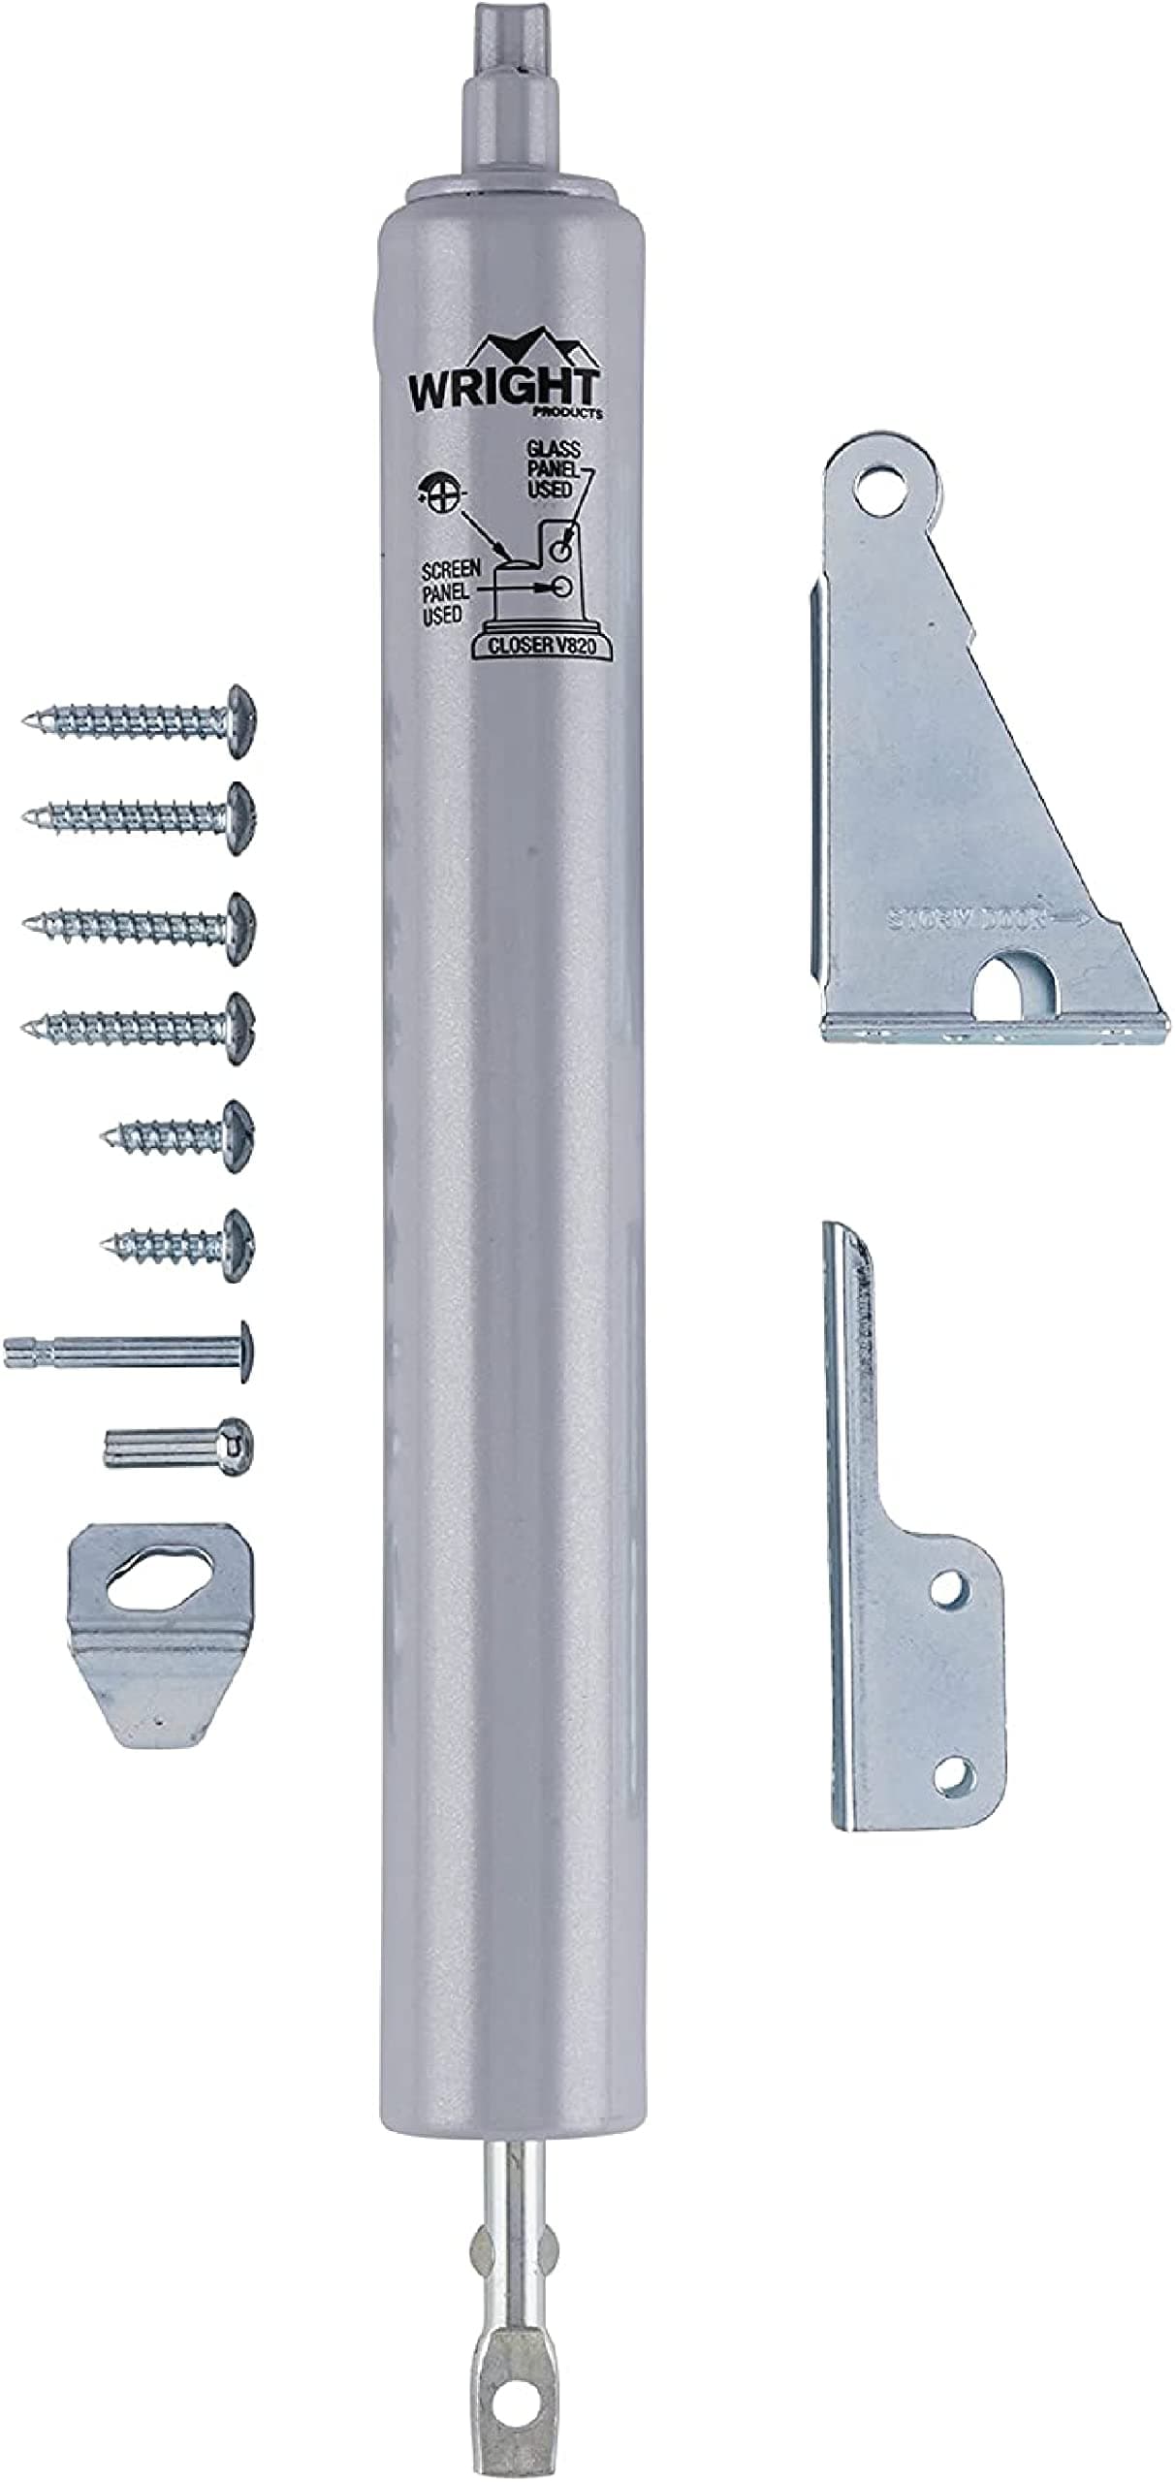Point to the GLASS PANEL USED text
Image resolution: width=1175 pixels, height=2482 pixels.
554,469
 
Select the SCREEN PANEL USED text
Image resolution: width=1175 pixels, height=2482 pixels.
449,591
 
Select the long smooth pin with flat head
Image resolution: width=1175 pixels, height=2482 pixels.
126,1351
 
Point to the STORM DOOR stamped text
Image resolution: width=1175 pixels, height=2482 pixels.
968,918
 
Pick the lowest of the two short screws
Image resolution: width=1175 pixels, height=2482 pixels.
179,1244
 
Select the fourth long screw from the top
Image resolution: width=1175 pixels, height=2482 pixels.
141,1028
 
